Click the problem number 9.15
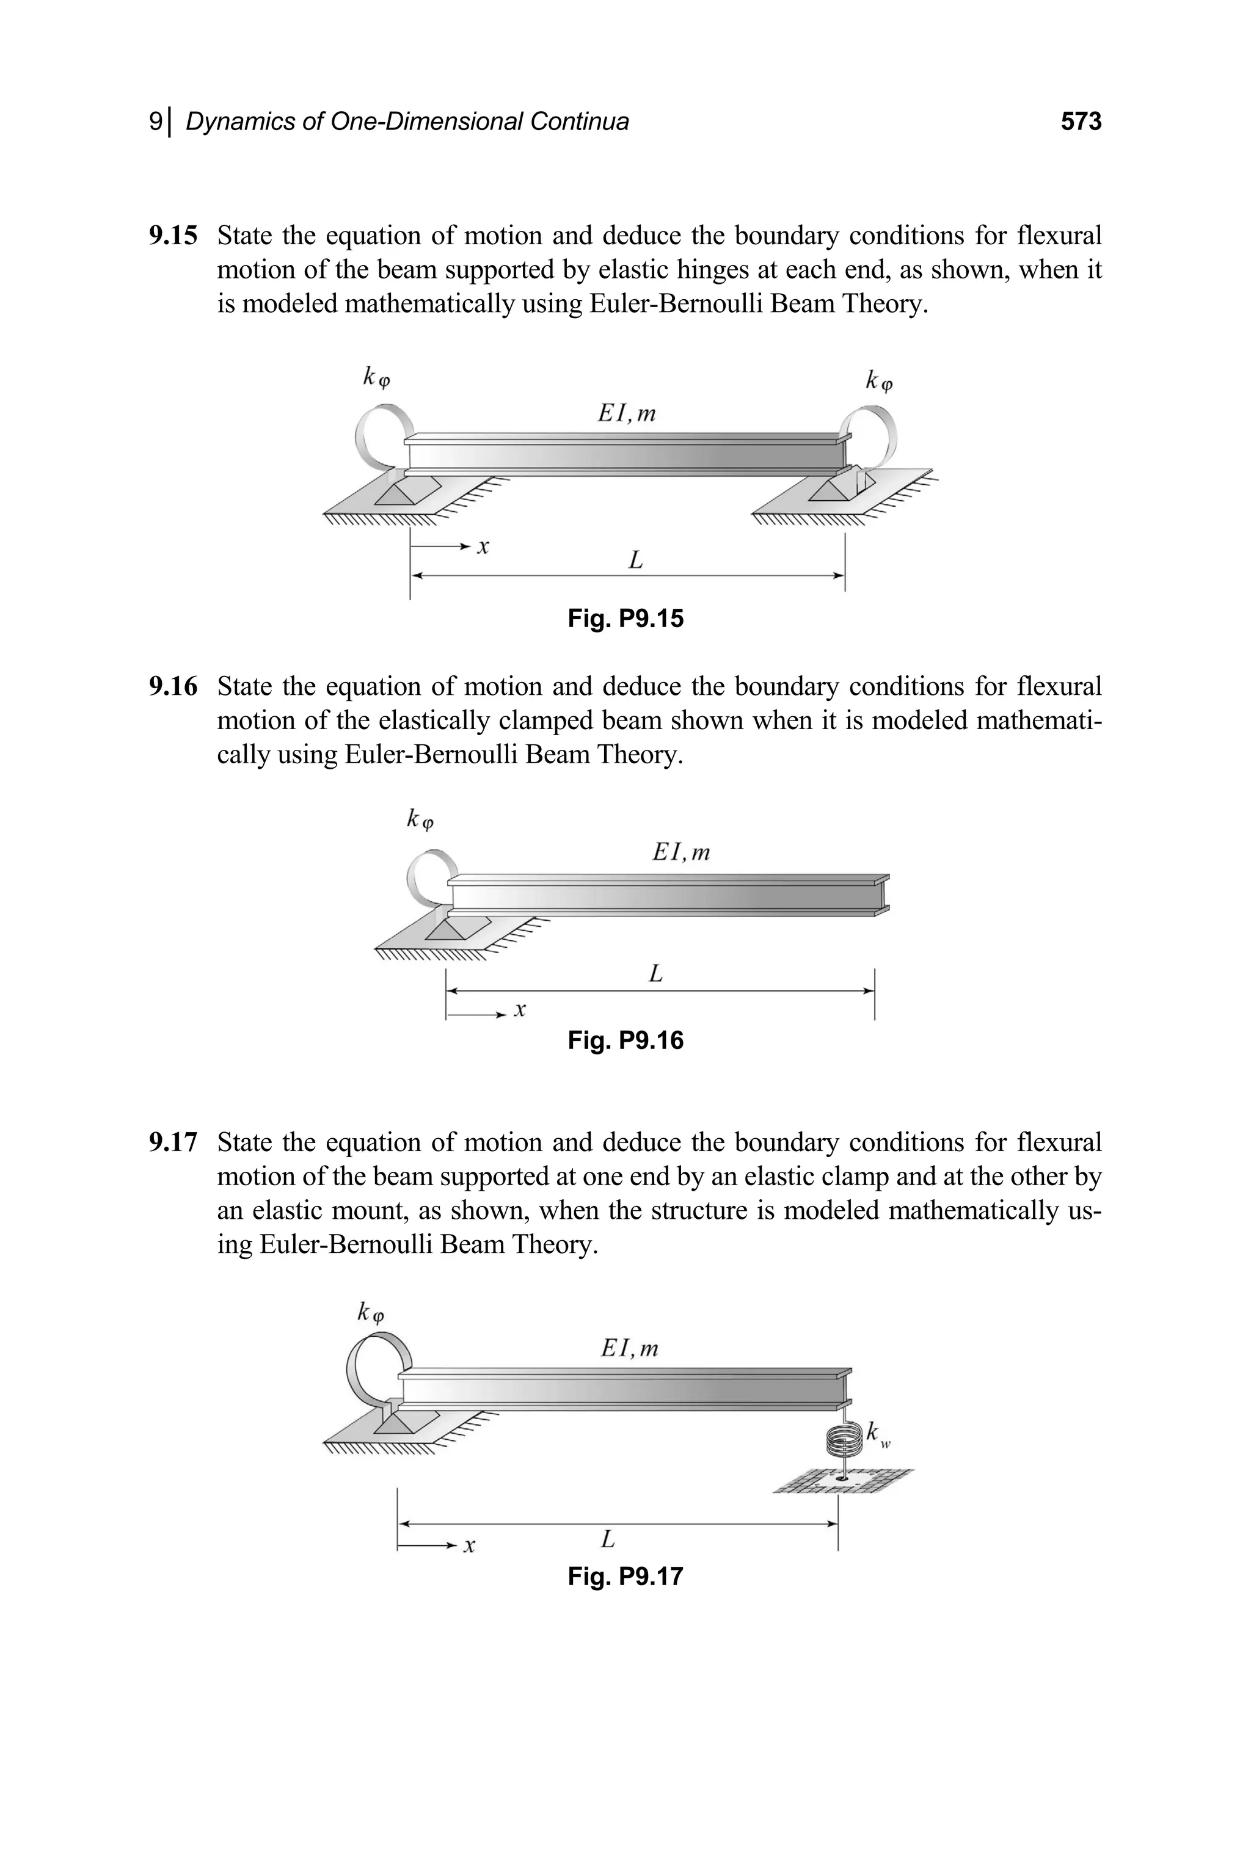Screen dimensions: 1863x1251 173,236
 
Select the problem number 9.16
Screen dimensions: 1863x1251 173,687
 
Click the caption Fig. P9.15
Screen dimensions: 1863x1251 625,619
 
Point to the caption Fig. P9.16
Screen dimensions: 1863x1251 625,1040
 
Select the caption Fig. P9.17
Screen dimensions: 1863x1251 625,1577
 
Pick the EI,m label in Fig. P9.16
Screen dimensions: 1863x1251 680,852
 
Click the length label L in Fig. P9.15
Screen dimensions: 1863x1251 635,561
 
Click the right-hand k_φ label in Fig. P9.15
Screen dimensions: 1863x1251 878,380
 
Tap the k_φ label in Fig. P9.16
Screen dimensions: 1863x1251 420,818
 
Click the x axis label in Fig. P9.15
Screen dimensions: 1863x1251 483,547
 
